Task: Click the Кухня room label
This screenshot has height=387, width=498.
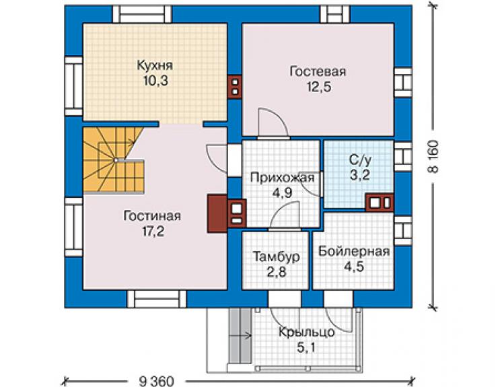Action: tap(155, 65)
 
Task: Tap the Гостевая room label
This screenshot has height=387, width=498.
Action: tap(318, 71)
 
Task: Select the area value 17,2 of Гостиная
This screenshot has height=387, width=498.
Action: tap(153, 232)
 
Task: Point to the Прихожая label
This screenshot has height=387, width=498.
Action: tap(282, 178)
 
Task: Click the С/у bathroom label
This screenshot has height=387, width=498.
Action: tap(359, 160)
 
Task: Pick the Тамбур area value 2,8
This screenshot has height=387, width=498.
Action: tap(277, 272)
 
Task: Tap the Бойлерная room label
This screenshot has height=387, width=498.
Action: tap(354, 251)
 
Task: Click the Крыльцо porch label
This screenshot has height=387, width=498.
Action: tap(306, 332)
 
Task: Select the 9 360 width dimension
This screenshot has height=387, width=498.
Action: tap(157, 381)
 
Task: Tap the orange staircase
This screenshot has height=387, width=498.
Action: tap(113, 160)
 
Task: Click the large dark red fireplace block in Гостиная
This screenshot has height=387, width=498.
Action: tap(217, 213)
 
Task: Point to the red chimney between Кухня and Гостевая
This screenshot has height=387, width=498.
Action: tap(235, 87)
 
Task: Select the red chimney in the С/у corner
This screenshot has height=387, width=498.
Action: tap(380, 203)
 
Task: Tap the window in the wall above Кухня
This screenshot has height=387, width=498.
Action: tap(142, 14)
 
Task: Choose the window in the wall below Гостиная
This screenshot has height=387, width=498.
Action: tap(157, 299)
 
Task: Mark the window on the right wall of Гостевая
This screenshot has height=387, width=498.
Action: tap(403, 82)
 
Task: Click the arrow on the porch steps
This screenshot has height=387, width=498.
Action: tap(241, 335)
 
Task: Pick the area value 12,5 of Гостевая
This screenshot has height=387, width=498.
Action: tap(318, 86)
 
